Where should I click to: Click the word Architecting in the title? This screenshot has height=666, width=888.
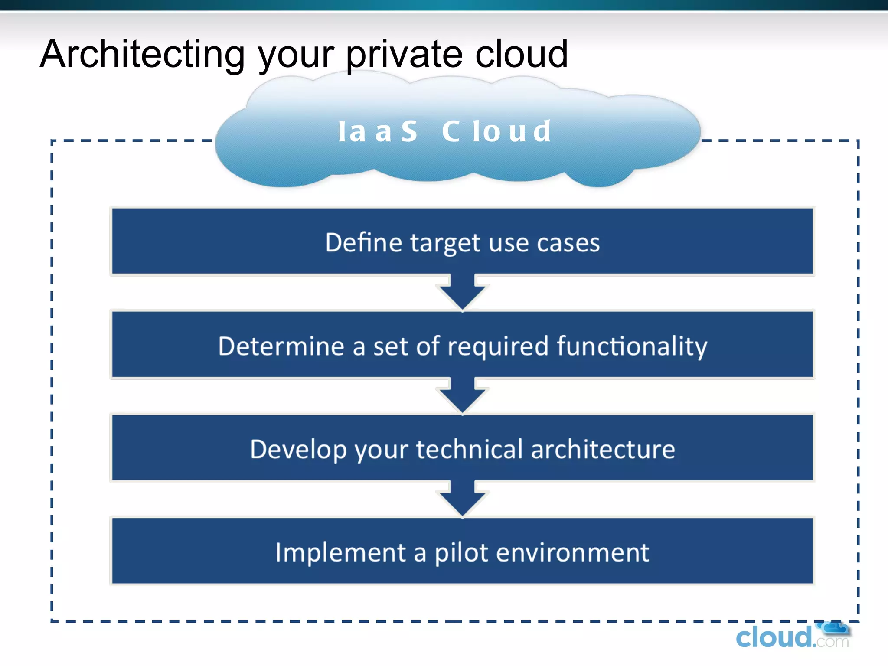click(142, 54)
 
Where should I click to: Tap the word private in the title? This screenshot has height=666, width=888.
click(404, 54)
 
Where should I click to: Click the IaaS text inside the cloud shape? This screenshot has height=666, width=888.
click(377, 131)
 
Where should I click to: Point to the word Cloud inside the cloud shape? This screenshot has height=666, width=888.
click(496, 131)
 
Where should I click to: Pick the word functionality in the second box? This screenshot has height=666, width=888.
click(632, 346)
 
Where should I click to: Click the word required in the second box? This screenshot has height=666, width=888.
click(498, 346)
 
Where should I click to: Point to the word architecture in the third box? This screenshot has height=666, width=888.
click(603, 449)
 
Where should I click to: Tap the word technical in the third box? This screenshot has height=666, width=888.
click(469, 449)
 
